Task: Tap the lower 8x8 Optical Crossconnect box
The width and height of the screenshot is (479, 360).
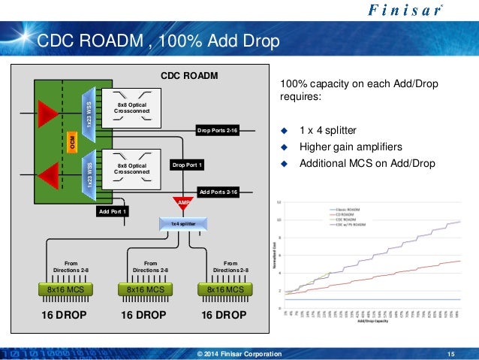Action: point(131,168)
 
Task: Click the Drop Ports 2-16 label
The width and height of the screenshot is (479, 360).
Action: point(217,131)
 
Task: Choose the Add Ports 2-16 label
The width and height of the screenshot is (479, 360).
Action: point(218,192)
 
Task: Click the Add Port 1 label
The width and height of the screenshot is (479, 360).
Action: point(114,212)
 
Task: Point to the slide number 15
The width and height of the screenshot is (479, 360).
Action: point(450,354)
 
